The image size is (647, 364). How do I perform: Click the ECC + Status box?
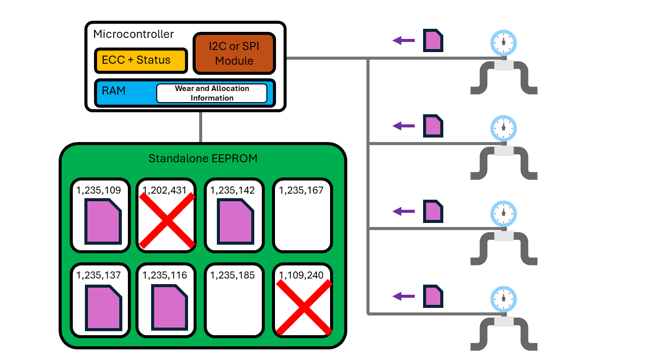pos(140,60)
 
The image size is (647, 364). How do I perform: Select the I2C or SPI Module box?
pos(234,53)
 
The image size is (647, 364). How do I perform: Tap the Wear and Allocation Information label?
pos(212,93)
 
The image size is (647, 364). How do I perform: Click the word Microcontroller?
pos(133,34)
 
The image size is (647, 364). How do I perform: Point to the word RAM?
pos(114,91)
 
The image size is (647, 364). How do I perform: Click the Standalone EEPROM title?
pos(203,159)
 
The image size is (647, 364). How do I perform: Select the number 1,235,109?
pos(99,191)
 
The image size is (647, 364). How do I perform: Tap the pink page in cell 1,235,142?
pos(235,221)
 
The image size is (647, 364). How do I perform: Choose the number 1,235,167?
pos(302,191)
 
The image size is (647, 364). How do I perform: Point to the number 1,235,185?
pos(233,276)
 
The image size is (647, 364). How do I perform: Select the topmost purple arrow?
pos(403,40)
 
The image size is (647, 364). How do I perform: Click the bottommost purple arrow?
pos(403,296)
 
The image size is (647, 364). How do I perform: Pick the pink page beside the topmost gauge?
pos(433,40)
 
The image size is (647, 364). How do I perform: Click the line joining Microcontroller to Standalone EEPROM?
pos(201,127)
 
